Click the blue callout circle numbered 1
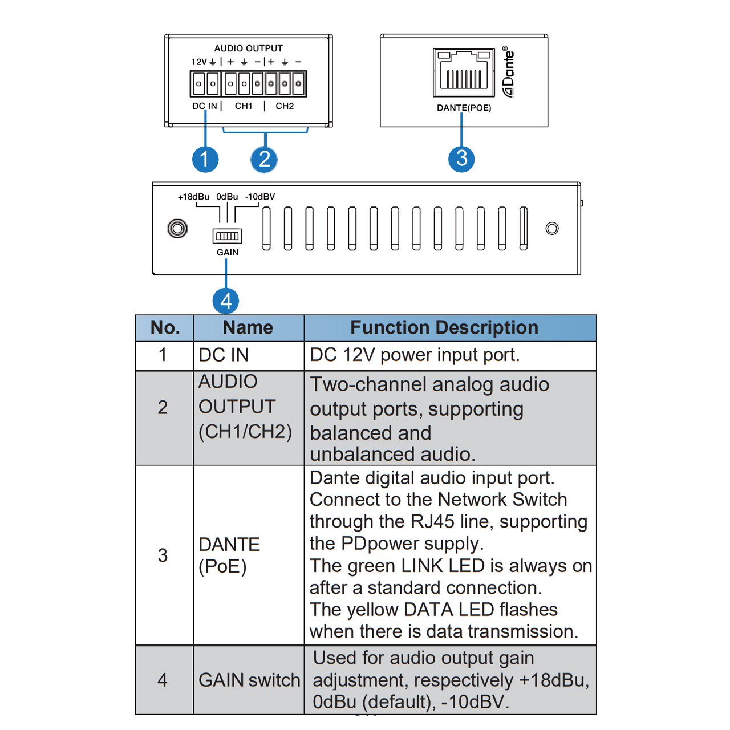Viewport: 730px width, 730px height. (205, 159)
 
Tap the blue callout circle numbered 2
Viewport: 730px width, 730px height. (264, 159)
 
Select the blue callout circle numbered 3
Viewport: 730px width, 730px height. (461, 158)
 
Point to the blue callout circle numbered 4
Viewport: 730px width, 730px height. (226, 301)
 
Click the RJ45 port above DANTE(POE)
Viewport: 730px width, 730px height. (464, 72)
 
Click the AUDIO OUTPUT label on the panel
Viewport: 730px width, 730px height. (248, 48)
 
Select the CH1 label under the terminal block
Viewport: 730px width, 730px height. (244, 106)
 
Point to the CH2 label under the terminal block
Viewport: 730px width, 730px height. (285, 106)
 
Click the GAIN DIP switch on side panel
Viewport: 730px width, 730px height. (227, 236)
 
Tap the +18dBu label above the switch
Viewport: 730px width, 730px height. (193, 197)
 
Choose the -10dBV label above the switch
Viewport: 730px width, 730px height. (260, 197)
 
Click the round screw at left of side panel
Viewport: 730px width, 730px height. (177, 229)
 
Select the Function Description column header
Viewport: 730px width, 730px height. (444, 328)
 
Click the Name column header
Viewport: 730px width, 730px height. (248, 328)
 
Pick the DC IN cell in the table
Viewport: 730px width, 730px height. (224, 355)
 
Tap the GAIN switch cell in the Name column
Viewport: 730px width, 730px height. (249, 680)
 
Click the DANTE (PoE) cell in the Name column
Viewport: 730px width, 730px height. (229, 555)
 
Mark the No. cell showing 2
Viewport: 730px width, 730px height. (163, 407)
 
